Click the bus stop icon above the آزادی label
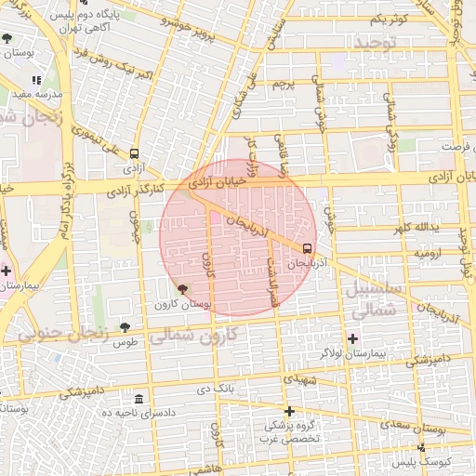[135, 154]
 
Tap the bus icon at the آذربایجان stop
[308, 248]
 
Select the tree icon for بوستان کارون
[181, 290]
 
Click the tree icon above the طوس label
[125, 326]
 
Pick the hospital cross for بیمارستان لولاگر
[351, 337]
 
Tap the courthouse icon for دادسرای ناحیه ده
[139, 398]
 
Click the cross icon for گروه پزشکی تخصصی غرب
[289, 411]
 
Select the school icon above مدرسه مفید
[36, 81]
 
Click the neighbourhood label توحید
[375, 43]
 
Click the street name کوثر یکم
[388, 20]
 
